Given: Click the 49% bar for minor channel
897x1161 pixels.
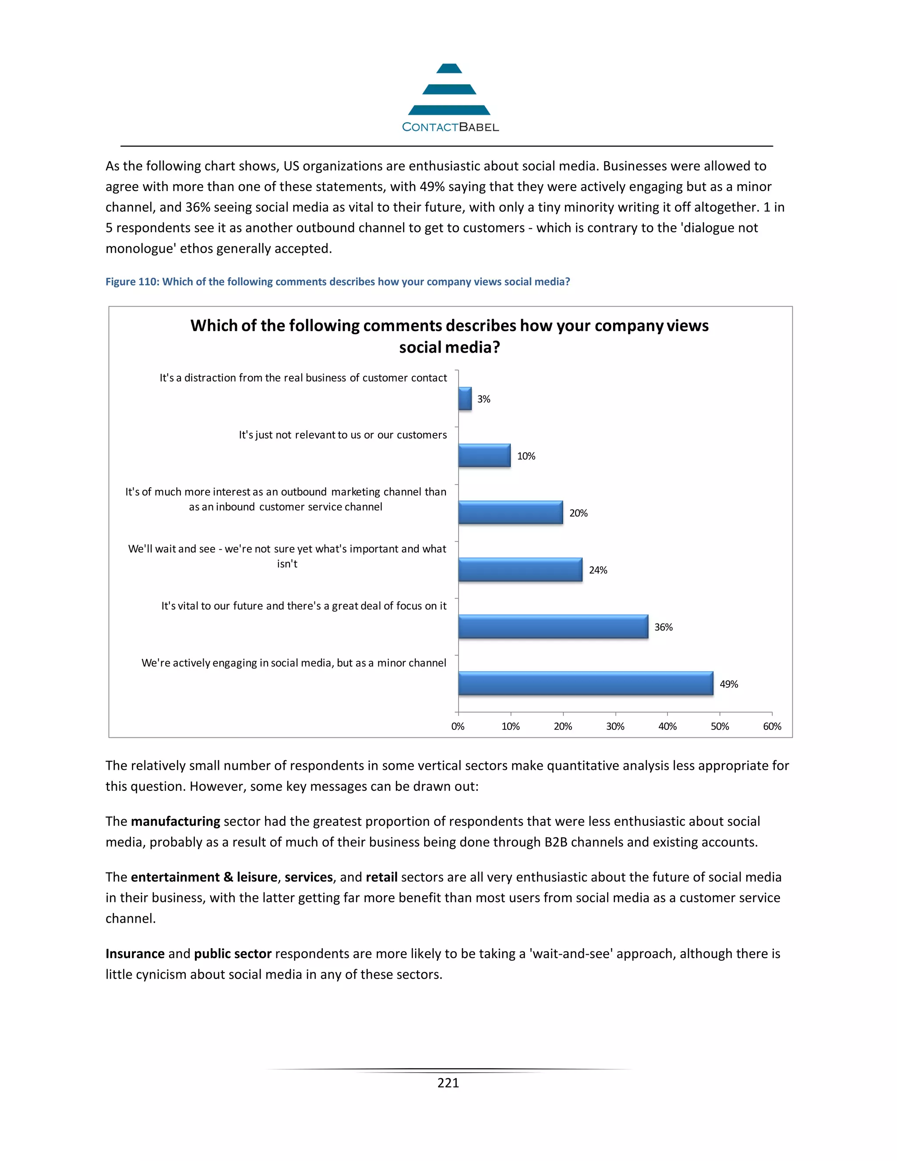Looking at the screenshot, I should click(x=585, y=683).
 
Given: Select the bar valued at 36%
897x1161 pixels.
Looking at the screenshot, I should click(x=553, y=627).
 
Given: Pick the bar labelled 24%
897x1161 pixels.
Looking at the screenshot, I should click(x=520, y=570).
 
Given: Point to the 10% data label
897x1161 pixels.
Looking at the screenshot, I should click(x=526, y=456).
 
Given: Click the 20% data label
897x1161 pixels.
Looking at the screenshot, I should click(x=578, y=513).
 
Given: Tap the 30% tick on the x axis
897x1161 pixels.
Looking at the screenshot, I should click(x=615, y=726).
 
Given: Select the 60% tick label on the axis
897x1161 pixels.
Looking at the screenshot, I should click(x=772, y=726).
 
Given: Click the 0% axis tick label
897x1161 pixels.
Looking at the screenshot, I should click(x=458, y=726).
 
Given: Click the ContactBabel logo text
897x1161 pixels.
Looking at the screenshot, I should click(x=450, y=127).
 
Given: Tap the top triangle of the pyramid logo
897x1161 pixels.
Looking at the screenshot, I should click(x=449, y=69).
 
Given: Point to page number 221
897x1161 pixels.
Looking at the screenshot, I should click(x=448, y=1083).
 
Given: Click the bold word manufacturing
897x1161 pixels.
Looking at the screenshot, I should click(x=175, y=821).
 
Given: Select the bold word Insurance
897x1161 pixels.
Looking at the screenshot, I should click(x=135, y=954).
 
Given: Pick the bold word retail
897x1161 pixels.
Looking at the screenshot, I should click(x=381, y=877).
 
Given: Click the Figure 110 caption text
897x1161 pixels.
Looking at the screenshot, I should click(x=337, y=282).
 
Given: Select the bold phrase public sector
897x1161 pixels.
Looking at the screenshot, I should click(x=233, y=954).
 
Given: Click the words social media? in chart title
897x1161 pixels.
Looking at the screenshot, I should click(x=449, y=347).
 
